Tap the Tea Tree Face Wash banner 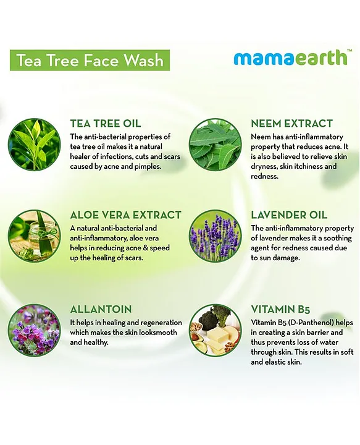coord(90,60)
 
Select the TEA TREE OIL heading coord(106,124)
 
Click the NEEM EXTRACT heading coord(291,124)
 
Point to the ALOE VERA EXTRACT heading coord(125,215)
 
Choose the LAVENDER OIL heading coord(289,215)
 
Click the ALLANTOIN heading coord(101,309)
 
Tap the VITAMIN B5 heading coord(280,309)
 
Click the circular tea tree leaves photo coord(35,145)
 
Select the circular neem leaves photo coord(216,145)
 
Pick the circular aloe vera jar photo coord(35,236)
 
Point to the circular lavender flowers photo coord(216,236)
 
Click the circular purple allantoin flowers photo coord(35,330)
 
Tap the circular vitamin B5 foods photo coord(216,330)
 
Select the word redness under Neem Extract coord(264,176)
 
